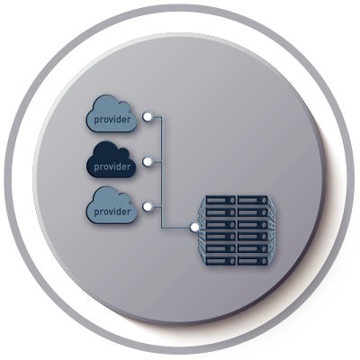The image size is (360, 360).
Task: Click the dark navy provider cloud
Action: (112, 159)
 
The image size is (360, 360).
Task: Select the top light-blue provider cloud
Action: (112, 113)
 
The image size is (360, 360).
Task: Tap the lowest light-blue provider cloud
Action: (112, 205)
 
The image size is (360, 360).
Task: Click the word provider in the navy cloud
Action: (112, 166)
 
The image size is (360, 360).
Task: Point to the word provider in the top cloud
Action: (112, 120)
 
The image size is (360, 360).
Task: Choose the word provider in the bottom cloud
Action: (112, 211)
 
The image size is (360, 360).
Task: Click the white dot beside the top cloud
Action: (148, 117)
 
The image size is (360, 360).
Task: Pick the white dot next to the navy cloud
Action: (148, 162)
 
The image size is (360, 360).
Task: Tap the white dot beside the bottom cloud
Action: (148, 207)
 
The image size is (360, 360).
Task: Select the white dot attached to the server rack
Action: (195, 228)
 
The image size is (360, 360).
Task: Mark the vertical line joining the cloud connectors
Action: (162, 172)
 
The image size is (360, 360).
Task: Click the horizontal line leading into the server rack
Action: (176, 228)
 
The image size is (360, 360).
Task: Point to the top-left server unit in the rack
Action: (221, 200)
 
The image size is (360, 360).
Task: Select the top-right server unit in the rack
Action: (253, 200)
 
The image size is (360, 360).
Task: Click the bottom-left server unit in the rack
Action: (221, 260)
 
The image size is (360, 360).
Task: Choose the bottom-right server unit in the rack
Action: (253, 260)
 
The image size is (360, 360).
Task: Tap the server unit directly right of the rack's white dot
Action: (221, 224)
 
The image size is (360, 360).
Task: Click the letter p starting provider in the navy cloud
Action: (96, 167)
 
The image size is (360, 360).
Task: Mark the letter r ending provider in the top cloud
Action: (129, 120)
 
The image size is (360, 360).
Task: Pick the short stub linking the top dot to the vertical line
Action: (157, 117)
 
